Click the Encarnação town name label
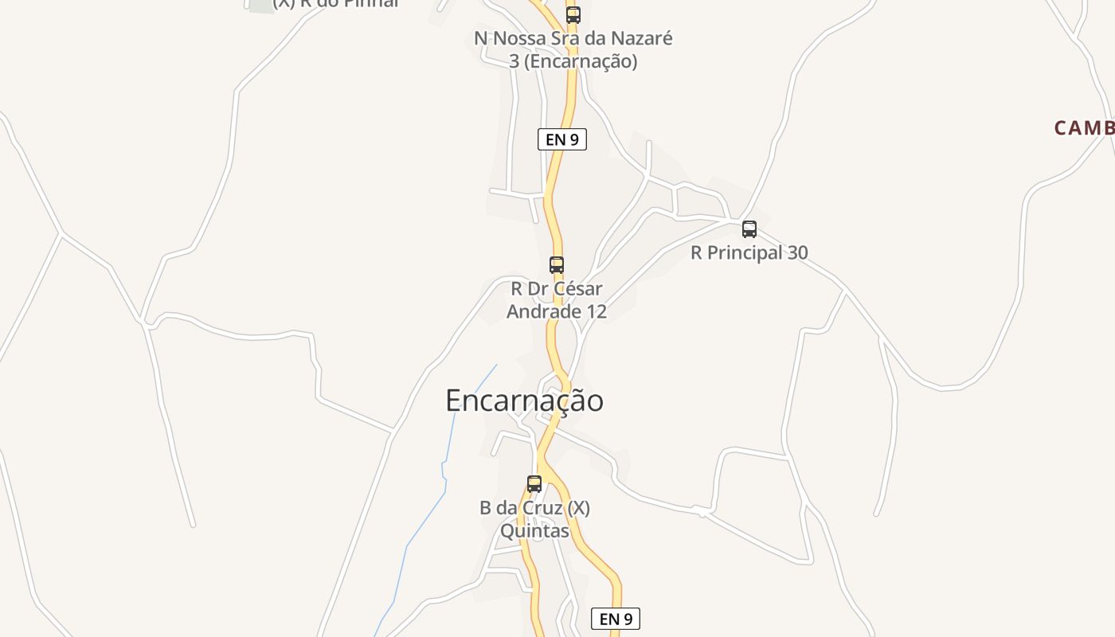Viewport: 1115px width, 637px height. (x=524, y=401)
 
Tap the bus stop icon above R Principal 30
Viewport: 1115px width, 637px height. (x=749, y=229)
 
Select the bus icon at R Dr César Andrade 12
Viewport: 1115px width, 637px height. (x=557, y=265)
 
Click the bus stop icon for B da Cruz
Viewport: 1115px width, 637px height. (x=534, y=483)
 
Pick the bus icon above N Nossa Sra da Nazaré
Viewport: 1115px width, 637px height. (x=573, y=14)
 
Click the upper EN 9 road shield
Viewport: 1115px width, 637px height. (x=562, y=139)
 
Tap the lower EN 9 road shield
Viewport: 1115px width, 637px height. (x=616, y=619)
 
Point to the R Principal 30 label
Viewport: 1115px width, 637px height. (x=749, y=253)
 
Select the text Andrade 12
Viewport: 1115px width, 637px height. (x=557, y=311)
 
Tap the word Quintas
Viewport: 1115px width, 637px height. (x=534, y=530)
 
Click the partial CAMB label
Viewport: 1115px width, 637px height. (x=1083, y=127)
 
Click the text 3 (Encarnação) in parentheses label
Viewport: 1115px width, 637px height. (x=573, y=61)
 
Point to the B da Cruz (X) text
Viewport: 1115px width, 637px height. (x=534, y=508)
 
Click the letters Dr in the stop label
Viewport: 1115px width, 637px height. (x=538, y=289)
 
